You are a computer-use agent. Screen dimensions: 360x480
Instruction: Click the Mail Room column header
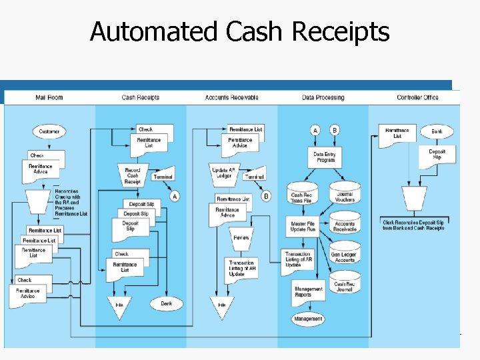coord(50,98)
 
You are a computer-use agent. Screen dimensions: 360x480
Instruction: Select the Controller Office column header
coord(417,98)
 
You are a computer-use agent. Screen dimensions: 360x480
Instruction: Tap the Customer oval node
coord(49,131)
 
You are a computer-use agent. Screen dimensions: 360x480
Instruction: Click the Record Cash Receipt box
coord(133,175)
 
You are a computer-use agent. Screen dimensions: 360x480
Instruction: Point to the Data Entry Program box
coord(325,157)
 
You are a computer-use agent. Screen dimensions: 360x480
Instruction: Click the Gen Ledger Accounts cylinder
coord(345,256)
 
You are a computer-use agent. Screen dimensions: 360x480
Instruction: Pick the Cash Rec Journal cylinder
coord(345,285)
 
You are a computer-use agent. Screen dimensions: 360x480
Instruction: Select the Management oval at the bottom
coord(308,319)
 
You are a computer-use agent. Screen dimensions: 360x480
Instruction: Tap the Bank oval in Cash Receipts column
coord(166,303)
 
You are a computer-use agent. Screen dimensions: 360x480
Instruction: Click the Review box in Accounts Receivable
coord(241,237)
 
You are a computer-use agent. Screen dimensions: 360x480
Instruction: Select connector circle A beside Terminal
coord(175,196)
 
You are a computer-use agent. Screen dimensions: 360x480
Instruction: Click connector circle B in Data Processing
coord(335,130)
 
